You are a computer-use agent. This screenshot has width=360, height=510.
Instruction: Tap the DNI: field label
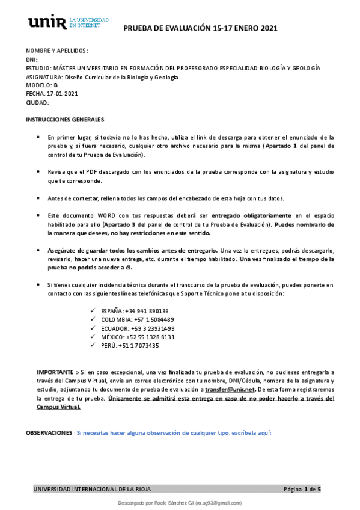(32, 60)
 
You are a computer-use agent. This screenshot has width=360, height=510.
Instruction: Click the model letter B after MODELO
(55, 85)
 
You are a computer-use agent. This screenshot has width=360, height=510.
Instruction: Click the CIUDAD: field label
(37, 102)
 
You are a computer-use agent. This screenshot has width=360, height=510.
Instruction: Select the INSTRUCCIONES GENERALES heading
(65, 119)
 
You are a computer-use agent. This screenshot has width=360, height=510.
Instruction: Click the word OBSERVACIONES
(48, 432)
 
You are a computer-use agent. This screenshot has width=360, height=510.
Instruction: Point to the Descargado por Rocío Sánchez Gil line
(179, 502)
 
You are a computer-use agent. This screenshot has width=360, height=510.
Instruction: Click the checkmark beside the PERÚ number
(93, 345)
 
